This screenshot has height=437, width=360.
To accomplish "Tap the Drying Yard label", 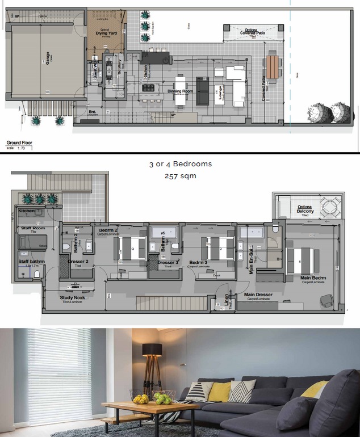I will click(x=106, y=33).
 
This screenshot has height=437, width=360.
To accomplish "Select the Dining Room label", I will click(x=181, y=91).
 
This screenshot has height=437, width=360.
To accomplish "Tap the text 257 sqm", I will click(x=180, y=176).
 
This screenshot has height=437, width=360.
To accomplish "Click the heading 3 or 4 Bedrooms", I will click(x=180, y=164).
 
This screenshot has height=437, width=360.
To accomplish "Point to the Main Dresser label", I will click(x=258, y=295).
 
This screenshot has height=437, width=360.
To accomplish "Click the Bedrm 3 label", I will click(x=199, y=262).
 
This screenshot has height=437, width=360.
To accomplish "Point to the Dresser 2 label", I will click(x=77, y=262).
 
